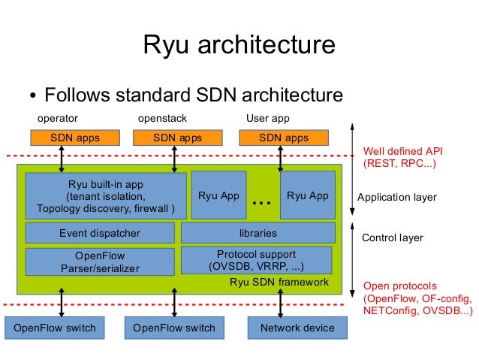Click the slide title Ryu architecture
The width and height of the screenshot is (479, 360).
tap(239, 44)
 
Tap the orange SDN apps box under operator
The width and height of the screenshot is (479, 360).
tap(75, 138)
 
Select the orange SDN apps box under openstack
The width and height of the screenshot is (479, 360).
tap(178, 138)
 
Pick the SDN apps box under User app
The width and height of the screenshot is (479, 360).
tap(284, 138)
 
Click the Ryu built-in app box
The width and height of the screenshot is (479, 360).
tap(106, 196)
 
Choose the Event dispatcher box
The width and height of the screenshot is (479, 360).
tap(100, 233)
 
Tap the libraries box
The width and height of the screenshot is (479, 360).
tap(258, 233)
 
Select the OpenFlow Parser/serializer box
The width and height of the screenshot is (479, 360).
tap(100, 262)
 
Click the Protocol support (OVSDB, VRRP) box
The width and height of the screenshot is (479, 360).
tap(257, 260)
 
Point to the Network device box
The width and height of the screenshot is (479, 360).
tap(297, 328)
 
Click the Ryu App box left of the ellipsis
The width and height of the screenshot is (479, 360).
tap(218, 195)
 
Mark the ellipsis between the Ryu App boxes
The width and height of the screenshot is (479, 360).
tap(262, 202)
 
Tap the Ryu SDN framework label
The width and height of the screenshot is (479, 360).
tap(279, 282)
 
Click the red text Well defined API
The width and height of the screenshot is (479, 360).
tap(403, 151)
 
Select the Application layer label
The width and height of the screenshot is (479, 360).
tap(397, 197)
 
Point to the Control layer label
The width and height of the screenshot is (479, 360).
tap(393, 237)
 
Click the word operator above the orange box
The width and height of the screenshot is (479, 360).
tap(58, 119)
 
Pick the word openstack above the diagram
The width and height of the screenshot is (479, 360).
tap(162, 118)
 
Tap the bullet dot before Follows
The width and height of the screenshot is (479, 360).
tap(33, 95)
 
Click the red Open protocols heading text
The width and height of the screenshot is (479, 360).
tap(400, 286)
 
